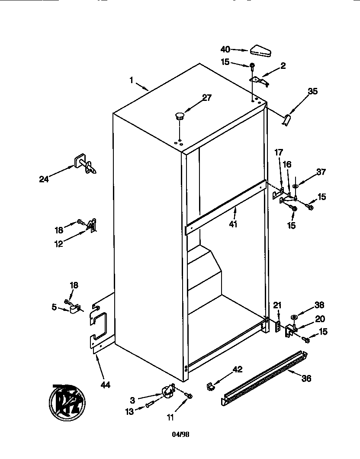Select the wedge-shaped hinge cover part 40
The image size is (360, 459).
click(260, 51)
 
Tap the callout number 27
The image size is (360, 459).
click(207, 97)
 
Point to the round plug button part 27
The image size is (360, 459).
click(179, 115)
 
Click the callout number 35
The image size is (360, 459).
click(312, 91)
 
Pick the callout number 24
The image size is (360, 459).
click(44, 178)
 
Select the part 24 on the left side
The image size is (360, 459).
click(85, 165)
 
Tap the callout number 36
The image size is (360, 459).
click(306, 378)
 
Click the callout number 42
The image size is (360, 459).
click(238, 369)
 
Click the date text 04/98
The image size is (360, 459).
click(180, 433)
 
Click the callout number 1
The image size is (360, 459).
click(131, 80)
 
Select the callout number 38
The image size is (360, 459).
click(319, 305)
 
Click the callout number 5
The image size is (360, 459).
click(54, 307)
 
